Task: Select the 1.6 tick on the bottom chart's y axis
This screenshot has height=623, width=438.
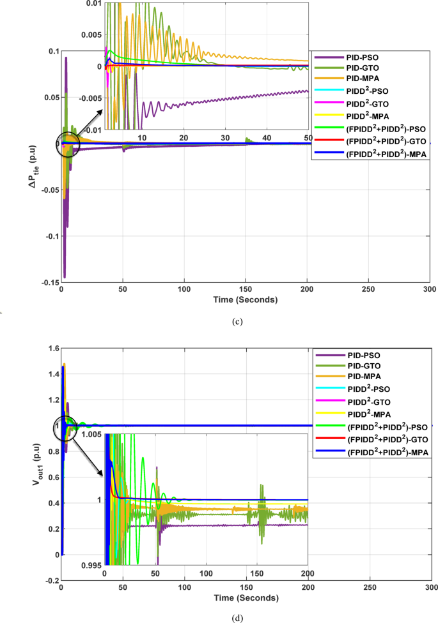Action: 50,348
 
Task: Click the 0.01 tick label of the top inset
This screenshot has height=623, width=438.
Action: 93,4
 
